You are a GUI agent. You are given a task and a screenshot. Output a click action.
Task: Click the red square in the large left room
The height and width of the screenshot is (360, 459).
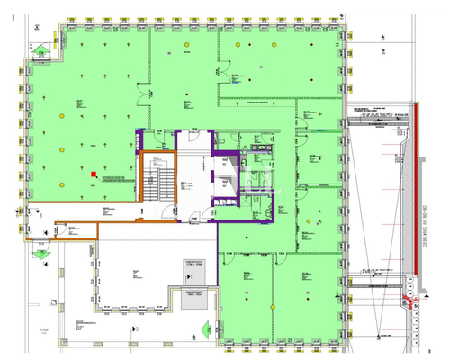coord(94,175)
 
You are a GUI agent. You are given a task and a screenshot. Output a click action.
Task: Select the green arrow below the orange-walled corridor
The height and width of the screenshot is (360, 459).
coord(40,255)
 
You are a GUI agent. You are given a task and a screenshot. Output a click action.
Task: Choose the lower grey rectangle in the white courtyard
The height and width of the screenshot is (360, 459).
coord(195,296)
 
